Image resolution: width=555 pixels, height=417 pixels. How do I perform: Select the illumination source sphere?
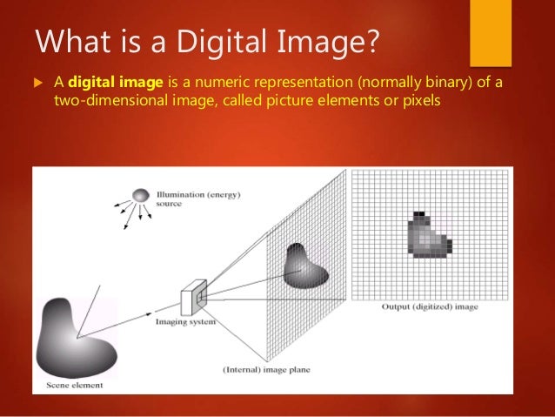[141, 198]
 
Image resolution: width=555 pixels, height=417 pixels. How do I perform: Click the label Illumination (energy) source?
[187, 198]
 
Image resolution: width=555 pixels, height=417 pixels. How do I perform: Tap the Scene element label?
[73, 384]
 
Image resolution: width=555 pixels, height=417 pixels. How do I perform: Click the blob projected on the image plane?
[305, 265]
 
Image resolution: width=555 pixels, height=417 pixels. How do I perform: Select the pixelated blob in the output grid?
[427, 234]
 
